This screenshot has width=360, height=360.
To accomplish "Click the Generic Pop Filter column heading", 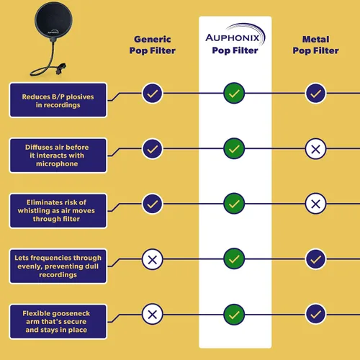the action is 153,45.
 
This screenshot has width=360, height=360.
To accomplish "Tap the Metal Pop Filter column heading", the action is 315,45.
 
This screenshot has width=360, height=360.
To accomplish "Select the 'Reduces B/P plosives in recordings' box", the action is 58,100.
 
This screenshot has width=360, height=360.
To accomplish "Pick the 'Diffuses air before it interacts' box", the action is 58,156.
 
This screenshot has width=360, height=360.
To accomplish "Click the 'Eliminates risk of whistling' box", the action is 58,211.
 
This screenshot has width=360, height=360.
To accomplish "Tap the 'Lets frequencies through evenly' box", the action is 58,266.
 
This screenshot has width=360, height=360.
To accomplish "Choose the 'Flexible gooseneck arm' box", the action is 58,322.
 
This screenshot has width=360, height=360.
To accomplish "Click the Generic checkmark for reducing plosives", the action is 153,94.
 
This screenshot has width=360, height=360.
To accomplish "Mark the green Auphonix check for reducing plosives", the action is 234,93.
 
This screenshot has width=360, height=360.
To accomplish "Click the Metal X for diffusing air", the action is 315,149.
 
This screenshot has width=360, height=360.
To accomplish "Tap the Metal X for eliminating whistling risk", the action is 315,204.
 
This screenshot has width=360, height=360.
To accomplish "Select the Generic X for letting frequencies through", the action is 153,259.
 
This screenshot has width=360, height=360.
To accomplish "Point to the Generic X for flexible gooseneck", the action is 153,315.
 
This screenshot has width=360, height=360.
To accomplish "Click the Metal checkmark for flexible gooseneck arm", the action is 315,315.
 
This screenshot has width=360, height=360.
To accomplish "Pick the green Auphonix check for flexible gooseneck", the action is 234,315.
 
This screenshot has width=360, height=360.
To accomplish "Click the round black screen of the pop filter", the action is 53,20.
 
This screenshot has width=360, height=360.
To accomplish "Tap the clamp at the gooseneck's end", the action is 60,68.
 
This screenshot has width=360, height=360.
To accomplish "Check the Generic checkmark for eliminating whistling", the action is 153,204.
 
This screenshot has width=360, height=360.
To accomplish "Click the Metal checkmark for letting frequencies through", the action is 315,259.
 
